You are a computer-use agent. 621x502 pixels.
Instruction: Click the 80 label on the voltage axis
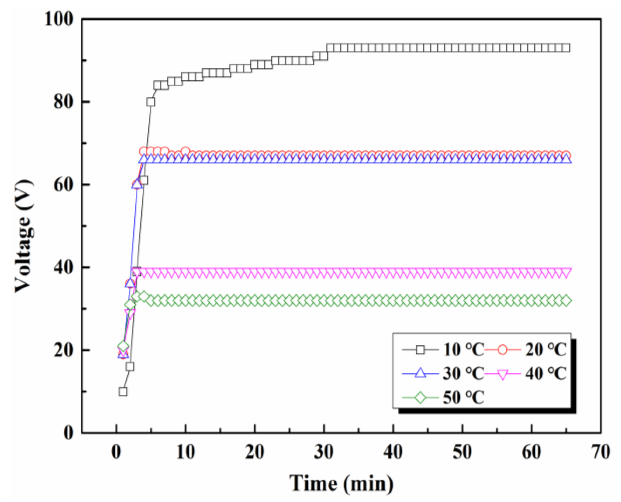pos(62,102)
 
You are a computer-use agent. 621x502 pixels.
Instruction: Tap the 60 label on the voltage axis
pos(62,184)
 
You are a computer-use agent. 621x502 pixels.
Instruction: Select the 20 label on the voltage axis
pos(62,350)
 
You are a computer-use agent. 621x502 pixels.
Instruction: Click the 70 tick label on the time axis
pos(601,452)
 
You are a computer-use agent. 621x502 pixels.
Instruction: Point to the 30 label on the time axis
pos(324,452)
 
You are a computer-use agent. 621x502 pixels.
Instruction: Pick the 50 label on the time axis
pos(462,452)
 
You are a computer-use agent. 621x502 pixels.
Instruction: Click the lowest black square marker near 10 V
pos(123,391)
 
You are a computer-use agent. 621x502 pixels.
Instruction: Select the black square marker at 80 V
pos(151,102)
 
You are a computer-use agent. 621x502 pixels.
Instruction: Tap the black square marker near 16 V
pos(130,367)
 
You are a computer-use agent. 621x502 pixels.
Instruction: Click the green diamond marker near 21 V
pos(123,346)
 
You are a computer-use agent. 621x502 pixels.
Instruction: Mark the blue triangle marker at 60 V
pos(137,184)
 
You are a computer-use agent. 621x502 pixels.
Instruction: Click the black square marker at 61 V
pos(144,181)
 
